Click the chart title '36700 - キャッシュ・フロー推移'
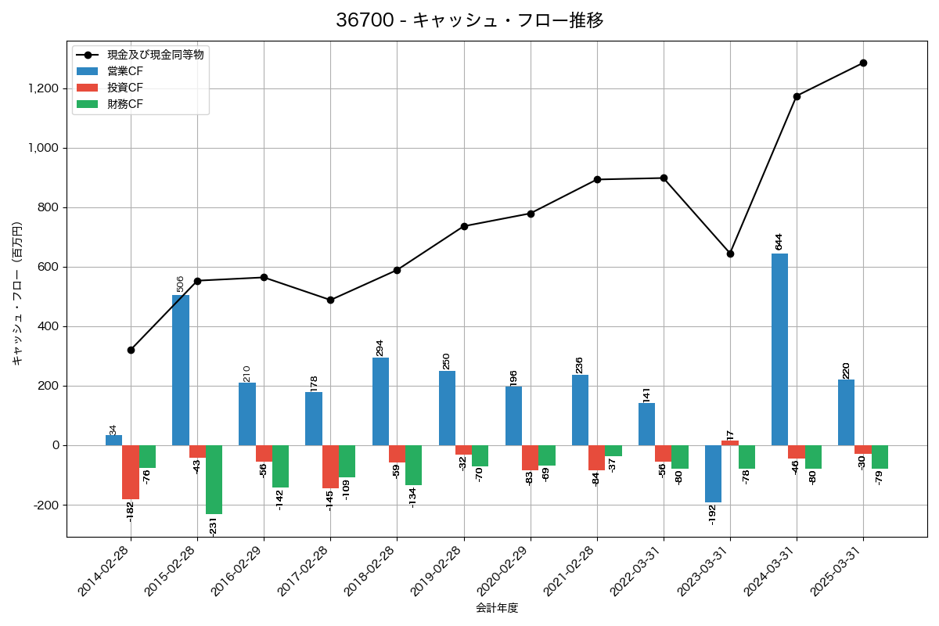click(x=469, y=20)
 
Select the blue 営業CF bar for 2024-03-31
click(x=779, y=349)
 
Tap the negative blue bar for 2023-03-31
click(x=713, y=473)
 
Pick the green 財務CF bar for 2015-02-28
click(x=214, y=480)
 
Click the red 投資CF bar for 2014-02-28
click(x=131, y=472)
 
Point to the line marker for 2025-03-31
click(x=863, y=63)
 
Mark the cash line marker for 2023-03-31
click(x=730, y=254)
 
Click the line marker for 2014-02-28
click(x=131, y=350)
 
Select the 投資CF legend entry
click(x=125, y=87)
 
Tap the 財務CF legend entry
click(x=125, y=103)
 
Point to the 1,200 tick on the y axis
click(x=43, y=88)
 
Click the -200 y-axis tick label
click(x=47, y=505)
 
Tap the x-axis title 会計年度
click(x=497, y=608)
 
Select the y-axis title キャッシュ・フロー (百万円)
click(x=17, y=293)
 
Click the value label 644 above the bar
click(x=779, y=241)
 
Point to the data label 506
click(x=180, y=283)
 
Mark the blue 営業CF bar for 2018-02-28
click(x=380, y=401)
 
